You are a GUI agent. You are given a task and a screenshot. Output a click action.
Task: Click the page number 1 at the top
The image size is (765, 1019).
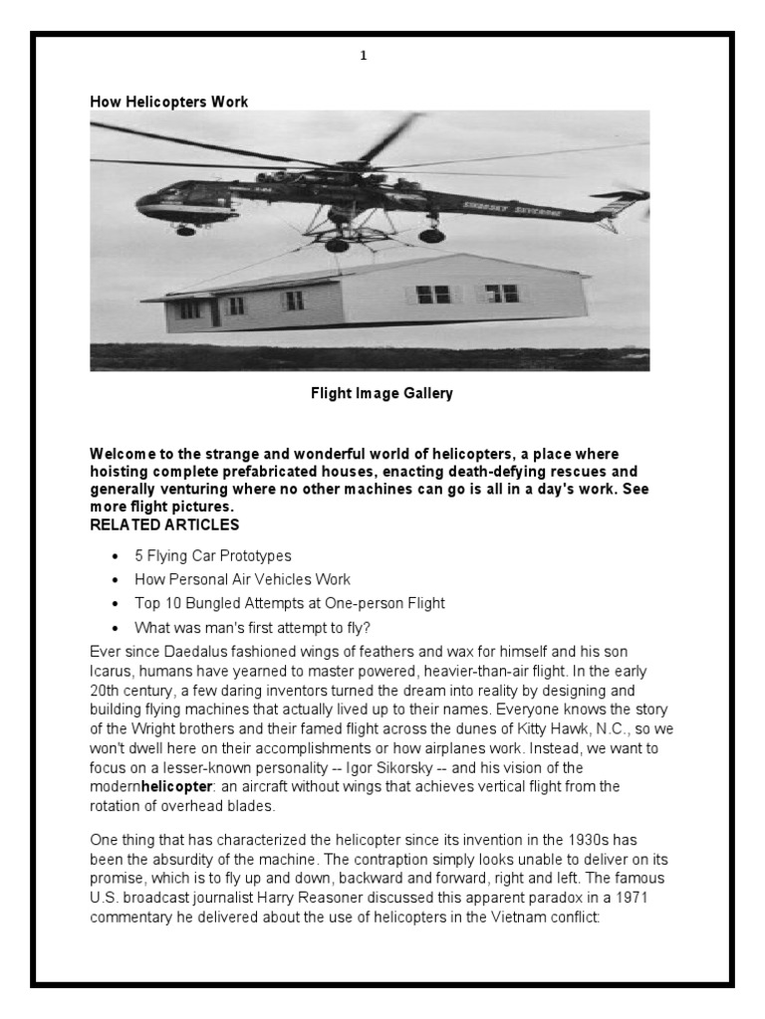pos(364,56)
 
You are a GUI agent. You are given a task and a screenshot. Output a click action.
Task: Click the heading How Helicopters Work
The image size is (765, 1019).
pos(168,102)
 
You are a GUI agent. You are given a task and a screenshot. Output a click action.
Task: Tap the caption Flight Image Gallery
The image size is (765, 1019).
pos(382,393)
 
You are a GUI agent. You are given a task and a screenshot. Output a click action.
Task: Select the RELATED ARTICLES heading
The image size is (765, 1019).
pos(164,524)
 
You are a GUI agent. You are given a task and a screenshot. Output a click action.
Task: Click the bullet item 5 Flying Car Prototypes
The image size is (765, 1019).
pos(213,555)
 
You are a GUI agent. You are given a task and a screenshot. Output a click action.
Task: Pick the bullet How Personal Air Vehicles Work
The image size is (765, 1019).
pos(243,579)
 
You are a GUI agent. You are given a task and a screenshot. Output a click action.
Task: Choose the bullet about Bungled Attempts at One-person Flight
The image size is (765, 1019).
pos(290,603)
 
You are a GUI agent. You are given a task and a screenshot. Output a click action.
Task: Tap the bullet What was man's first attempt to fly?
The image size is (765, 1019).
pos(253,627)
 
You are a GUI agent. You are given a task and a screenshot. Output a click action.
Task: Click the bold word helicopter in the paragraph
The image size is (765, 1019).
pos(183,786)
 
